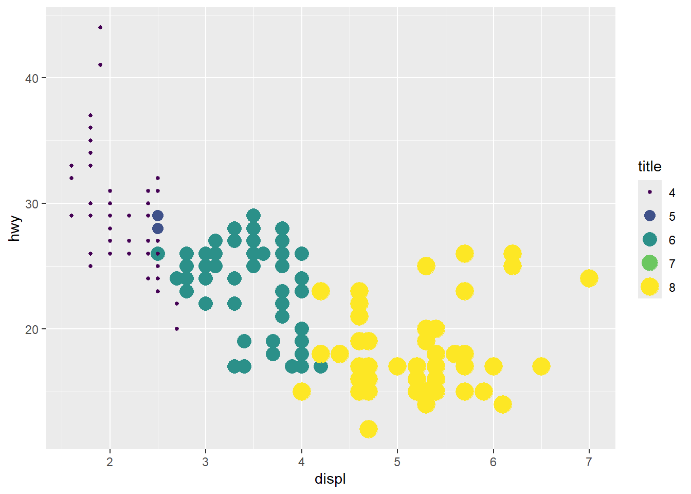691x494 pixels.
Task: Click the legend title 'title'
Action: [x=649, y=167]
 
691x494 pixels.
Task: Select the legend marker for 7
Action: [x=650, y=263]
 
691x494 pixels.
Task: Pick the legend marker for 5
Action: [x=650, y=216]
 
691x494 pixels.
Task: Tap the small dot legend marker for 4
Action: [x=650, y=192]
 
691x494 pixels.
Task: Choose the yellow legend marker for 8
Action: [x=650, y=287]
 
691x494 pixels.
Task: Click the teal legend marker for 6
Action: [x=650, y=240]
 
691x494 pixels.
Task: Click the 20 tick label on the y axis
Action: [x=32, y=329]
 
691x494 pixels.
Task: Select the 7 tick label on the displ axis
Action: [x=589, y=462]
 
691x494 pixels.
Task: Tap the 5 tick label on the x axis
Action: [x=397, y=462]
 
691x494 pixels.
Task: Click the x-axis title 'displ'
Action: [x=330, y=479]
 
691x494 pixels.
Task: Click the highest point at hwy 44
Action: [x=100, y=27]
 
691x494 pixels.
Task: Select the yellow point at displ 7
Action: [x=589, y=278]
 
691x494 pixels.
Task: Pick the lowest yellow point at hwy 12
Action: [x=368, y=429]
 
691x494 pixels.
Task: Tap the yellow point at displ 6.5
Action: [x=541, y=366]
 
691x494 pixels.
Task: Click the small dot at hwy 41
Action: [x=100, y=65]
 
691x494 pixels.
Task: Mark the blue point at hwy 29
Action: [x=158, y=216]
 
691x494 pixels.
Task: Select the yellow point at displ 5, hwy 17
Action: [x=397, y=366]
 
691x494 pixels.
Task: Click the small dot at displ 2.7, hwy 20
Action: [x=177, y=329]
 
